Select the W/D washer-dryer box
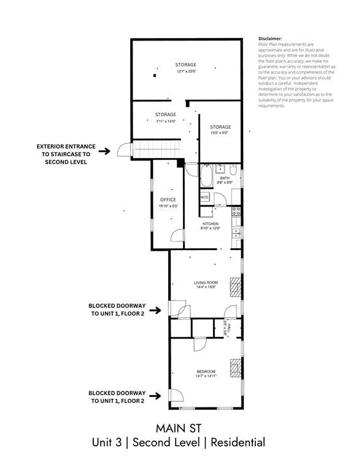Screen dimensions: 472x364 coord(204,197)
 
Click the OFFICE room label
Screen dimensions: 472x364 coord(168,200)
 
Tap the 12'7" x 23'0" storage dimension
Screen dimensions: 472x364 coord(185,72)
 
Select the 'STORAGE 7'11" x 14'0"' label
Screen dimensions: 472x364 coord(166,117)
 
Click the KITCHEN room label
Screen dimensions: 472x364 coord(211,224)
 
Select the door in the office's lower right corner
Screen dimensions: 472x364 coord(177,237)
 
